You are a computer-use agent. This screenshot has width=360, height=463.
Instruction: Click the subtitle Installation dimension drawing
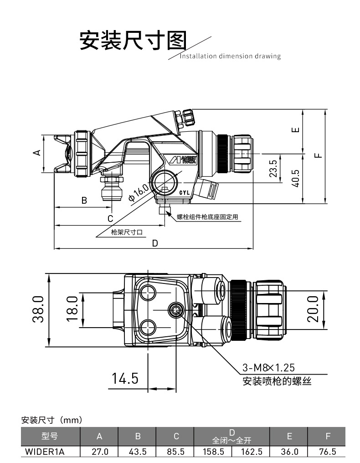230,57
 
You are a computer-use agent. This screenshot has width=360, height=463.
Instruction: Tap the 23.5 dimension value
273,169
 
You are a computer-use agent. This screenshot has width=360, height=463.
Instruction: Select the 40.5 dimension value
295,179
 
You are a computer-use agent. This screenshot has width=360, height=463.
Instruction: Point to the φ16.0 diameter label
139,192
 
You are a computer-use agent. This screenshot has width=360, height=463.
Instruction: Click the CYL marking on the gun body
185,193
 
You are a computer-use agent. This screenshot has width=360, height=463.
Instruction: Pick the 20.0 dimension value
313,309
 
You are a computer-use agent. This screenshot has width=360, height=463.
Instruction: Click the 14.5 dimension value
125,379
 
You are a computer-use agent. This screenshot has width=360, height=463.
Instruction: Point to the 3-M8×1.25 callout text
268,368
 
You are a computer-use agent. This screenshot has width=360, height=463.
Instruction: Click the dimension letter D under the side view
155,243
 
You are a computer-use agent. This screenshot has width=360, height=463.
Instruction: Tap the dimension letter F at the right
318,154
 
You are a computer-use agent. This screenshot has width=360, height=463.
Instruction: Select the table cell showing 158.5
213,452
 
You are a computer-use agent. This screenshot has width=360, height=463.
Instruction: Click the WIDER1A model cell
45,452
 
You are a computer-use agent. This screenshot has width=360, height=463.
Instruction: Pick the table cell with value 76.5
327,452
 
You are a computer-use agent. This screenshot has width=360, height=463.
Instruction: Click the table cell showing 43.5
137,452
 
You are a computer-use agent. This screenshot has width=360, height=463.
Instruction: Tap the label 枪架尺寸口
127,232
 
